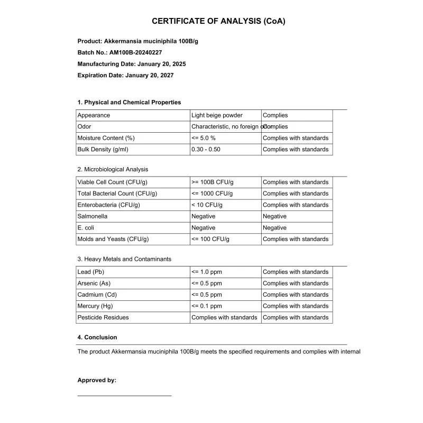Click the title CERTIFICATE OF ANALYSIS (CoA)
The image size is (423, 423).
point(218,21)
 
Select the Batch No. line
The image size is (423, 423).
point(119,52)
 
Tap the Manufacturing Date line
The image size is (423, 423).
point(131,64)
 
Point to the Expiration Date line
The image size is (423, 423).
point(125,76)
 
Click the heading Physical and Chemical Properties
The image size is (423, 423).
point(129,103)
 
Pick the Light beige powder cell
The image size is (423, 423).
point(217,115)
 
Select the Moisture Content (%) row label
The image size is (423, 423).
point(106,138)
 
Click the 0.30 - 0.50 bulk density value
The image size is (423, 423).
point(206,150)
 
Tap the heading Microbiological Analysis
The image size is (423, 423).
point(113,170)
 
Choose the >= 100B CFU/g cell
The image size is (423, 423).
point(212,182)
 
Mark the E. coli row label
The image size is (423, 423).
point(87,228)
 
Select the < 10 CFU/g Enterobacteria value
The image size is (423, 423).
point(207,205)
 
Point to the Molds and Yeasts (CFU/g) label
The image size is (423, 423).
point(113,239)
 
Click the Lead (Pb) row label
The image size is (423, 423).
point(91,272)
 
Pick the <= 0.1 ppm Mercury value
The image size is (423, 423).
point(207,306)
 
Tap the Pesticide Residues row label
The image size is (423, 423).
point(103,318)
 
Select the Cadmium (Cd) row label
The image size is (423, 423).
point(97,295)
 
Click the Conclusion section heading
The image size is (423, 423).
point(97,337)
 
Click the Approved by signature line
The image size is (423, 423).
point(124,395)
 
